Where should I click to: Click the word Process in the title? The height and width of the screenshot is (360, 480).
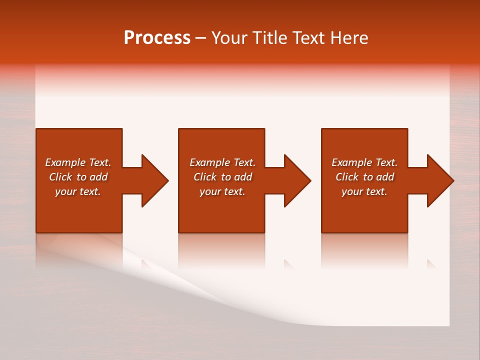click(x=157, y=38)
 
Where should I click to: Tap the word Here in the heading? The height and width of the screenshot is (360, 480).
click(x=348, y=38)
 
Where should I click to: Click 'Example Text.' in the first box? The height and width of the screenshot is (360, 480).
click(x=78, y=162)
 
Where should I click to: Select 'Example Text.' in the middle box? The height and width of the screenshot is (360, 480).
click(x=222, y=162)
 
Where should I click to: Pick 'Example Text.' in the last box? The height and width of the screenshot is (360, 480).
click(x=364, y=162)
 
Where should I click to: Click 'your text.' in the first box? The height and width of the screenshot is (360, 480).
click(x=78, y=191)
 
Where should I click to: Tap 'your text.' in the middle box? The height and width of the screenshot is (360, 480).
click(x=222, y=191)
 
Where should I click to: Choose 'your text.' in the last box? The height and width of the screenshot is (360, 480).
click(x=364, y=191)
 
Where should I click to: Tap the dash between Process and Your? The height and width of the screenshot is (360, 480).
click(x=200, y=38)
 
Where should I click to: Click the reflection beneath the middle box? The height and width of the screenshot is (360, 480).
click(x=221, y=250)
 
